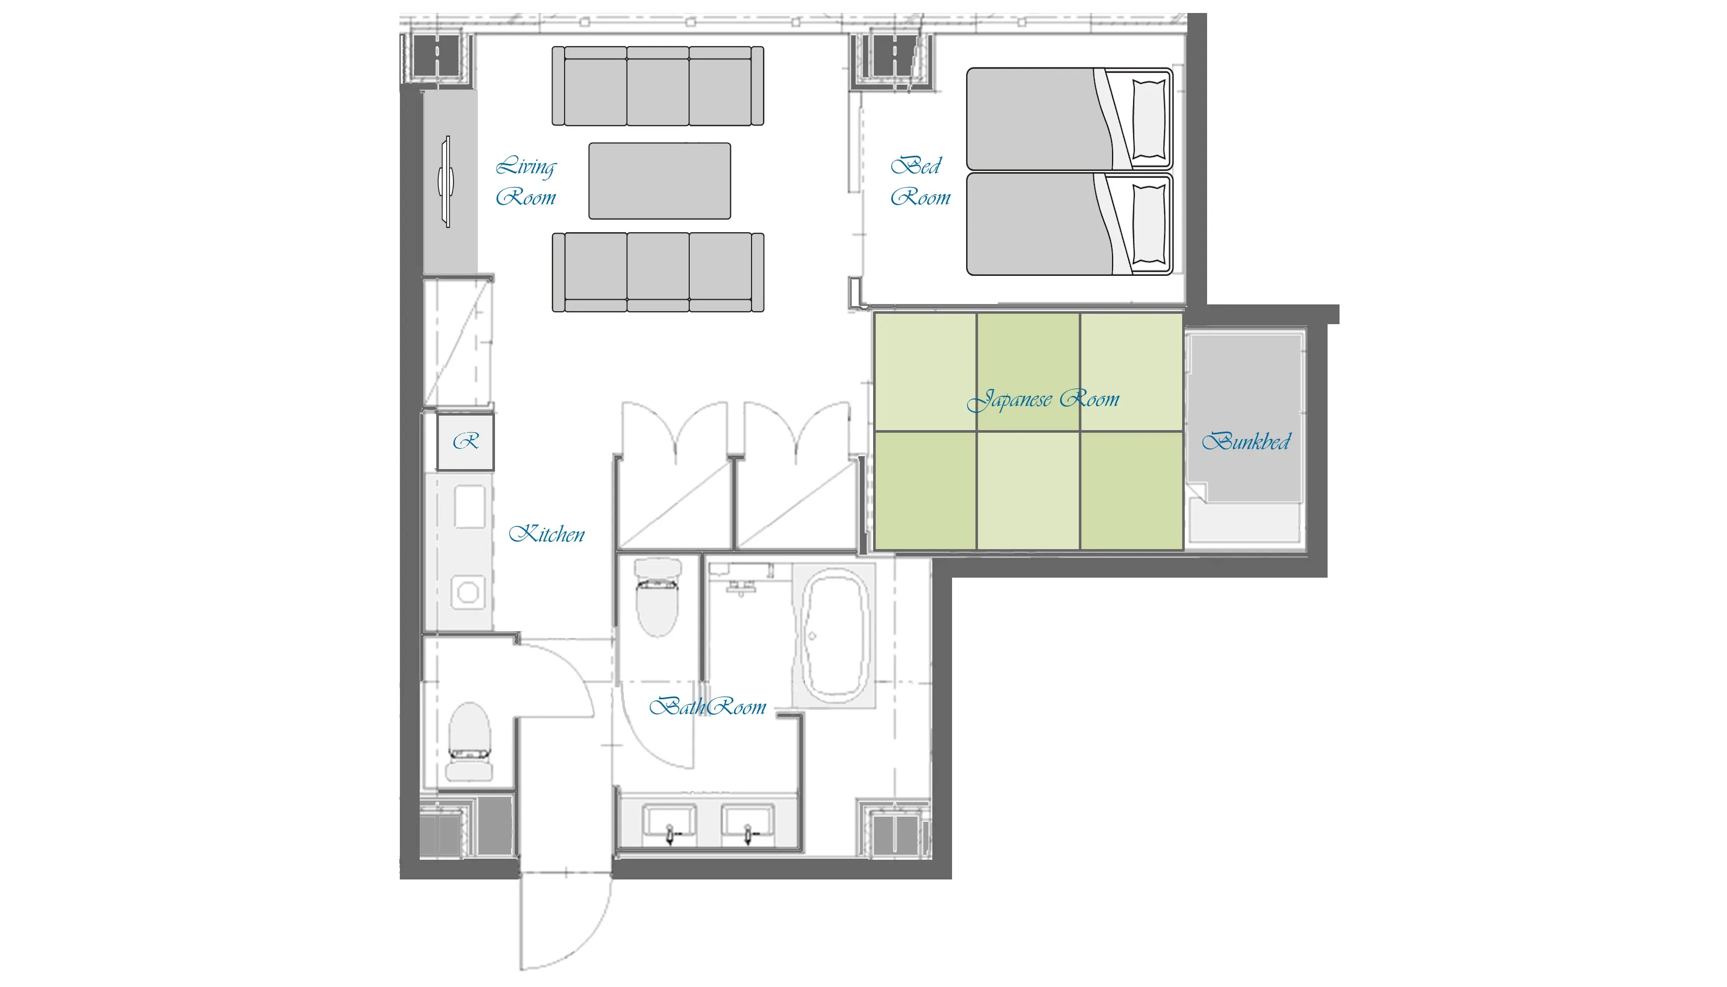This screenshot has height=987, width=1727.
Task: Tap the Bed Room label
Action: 920,180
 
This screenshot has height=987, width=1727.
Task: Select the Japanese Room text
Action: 1042,399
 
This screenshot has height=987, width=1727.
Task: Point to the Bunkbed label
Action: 1246,442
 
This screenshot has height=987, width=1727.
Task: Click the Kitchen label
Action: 546,533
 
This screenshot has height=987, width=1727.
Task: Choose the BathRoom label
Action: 707,706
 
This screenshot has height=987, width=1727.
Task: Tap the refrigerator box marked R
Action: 465,442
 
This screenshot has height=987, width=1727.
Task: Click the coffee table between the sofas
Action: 660,181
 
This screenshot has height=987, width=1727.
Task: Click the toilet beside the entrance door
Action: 469,742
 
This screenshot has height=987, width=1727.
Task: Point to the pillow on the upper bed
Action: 1149,119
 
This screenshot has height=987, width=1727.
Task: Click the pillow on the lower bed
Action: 1149,224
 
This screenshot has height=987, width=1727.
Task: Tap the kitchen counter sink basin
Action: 469,505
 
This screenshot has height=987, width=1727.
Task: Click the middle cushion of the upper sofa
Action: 658,86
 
